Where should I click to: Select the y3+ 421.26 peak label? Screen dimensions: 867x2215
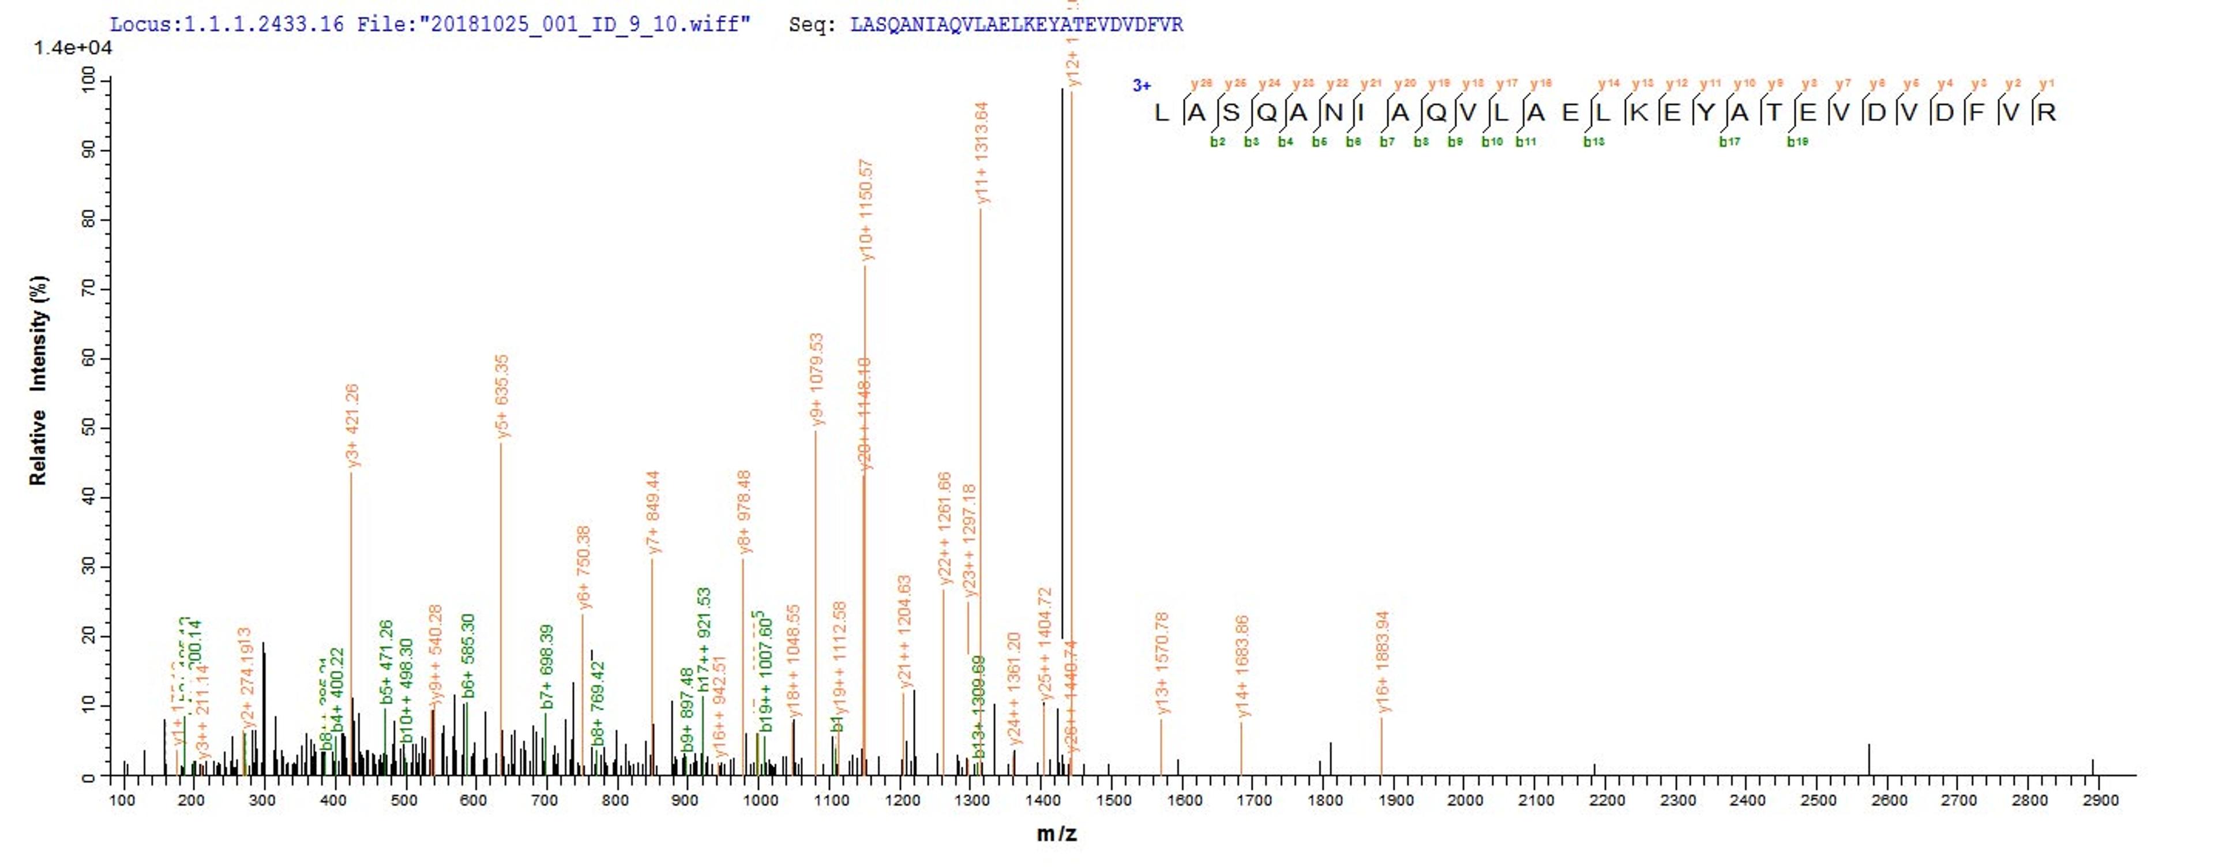pyautogui.click(x=352, y=426)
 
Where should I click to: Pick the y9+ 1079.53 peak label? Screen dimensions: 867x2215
pyautogui.click(x=818, y=380)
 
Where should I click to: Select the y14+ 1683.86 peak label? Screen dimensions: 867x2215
pyautogui.click(x=1242, y=666)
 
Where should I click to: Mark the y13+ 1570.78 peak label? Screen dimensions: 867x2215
pyautogui.click(x=1162, y=662)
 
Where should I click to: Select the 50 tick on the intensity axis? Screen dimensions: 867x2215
pyautogui.click(x=89, y=429)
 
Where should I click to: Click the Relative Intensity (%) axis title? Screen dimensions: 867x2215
pyautogui.click(x=39, y=380)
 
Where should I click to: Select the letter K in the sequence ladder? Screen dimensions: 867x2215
pyautogui.click(x=1639, y=112)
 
